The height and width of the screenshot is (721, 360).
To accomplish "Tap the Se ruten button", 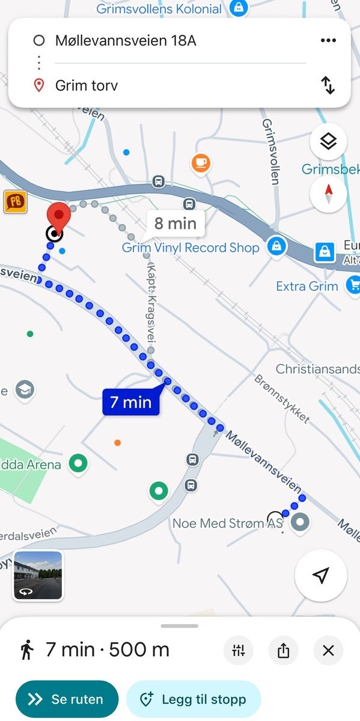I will pos(67,699).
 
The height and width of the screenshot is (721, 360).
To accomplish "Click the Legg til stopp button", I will pos(194,699).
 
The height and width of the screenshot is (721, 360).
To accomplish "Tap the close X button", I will pos(328,650).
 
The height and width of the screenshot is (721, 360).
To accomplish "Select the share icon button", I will pos(283,650).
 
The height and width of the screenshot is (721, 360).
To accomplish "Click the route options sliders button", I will pos(239,650).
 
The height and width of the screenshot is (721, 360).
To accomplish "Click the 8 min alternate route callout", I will pos(175,224).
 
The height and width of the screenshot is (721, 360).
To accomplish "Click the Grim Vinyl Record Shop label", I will pos(191,248).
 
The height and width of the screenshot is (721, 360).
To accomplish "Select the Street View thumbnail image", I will pos(38,576).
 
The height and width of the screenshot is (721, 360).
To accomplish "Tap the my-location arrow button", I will pos(321,576).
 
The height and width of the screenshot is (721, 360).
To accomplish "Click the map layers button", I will pos(328,142).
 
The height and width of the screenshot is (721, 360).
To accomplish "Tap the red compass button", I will pos(328,193).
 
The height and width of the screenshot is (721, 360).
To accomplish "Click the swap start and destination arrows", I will pos(328,85).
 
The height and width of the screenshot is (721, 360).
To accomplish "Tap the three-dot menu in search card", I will pos(328,40).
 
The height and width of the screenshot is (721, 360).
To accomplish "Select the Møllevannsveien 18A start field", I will pos(126,40).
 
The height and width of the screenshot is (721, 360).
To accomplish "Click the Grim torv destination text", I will pos(87,85).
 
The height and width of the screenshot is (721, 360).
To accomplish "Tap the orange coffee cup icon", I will pos(201,162).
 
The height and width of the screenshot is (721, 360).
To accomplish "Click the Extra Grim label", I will pos(307,286).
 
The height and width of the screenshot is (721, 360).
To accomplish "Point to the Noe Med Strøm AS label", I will pos(227,523).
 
